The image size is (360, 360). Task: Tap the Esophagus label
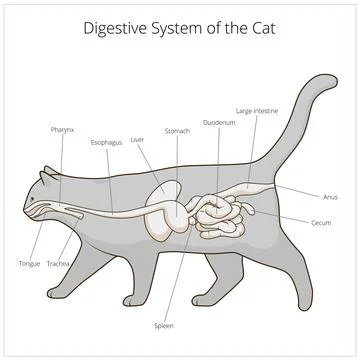tap(106, 142)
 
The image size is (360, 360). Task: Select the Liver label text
tap(138, 140)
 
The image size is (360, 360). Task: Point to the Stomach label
tap(177, 130)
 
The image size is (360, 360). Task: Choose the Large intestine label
tap(257, 110)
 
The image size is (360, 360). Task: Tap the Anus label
tap(330, 196)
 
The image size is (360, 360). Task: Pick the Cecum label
tap(321, 222)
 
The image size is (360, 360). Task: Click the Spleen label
tap(163, 325)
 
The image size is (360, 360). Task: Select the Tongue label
tap(30, 263)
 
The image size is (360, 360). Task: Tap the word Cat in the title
tap(259, 28)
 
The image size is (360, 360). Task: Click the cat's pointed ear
tap(45, 177)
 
